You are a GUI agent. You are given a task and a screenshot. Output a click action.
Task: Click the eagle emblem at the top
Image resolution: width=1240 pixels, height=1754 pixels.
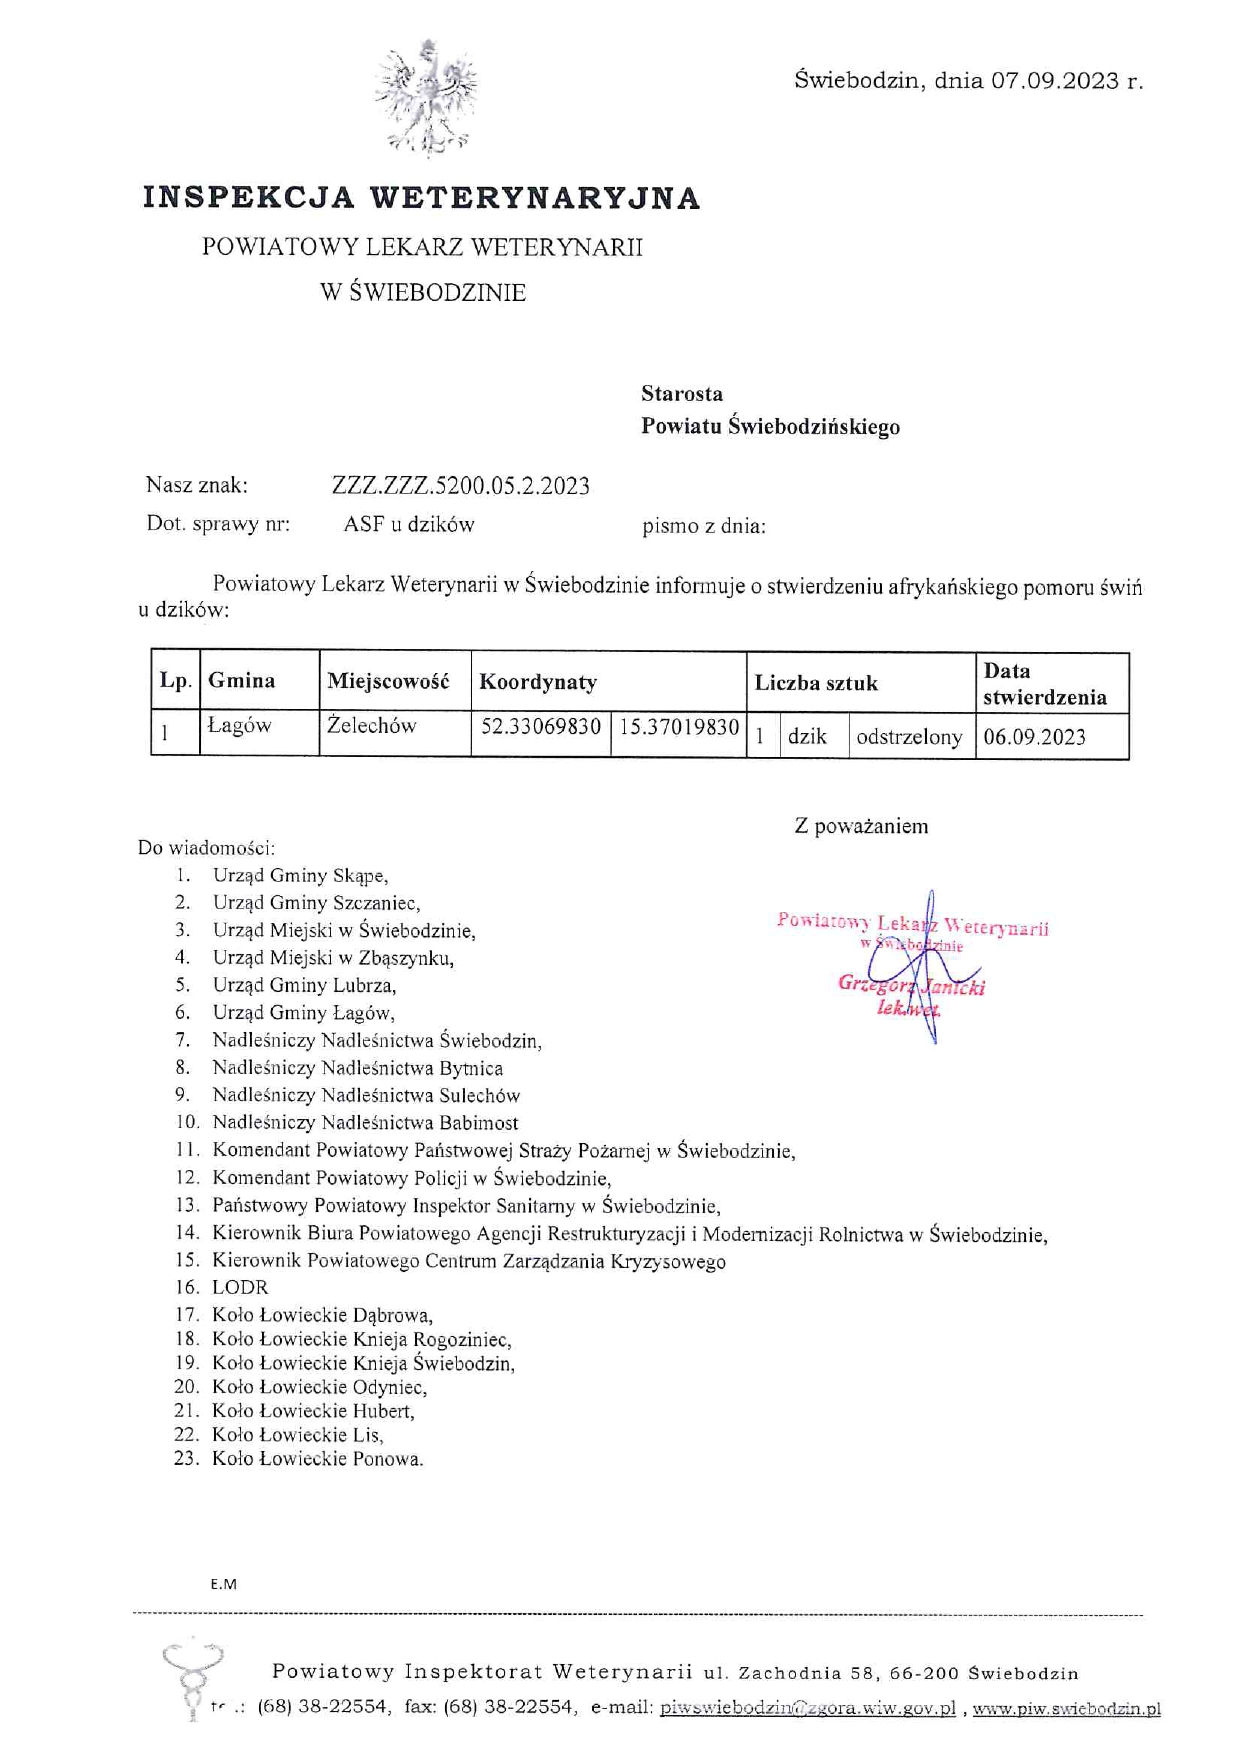[427, 98]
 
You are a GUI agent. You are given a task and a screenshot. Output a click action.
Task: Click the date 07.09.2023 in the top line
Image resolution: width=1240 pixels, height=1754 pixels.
[1055, 81]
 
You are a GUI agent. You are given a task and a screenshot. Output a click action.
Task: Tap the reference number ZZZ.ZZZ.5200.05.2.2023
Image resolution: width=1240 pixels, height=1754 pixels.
[460, 486]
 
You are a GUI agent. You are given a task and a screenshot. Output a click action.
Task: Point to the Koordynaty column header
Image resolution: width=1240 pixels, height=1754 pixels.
[538, 682]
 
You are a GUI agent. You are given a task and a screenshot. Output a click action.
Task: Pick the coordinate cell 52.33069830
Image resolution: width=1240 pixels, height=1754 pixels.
[541, 727]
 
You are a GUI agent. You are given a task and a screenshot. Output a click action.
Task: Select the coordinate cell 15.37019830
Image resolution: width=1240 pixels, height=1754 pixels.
[679, 727]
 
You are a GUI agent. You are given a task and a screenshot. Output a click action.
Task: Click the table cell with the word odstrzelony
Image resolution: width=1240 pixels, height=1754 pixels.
[909, 737]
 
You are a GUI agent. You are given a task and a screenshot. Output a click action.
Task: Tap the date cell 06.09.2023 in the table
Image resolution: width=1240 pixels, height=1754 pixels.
[1034, 737]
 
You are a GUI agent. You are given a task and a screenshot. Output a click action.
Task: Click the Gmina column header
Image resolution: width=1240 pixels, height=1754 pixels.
[242, 681]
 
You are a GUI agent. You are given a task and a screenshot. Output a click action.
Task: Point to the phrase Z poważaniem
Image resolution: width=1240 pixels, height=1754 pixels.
[861, 826]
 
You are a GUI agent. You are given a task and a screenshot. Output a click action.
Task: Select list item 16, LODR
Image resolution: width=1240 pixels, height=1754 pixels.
[240, 1287]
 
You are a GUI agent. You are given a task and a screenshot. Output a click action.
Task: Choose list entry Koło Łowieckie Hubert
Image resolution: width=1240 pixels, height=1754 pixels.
[313, 1411]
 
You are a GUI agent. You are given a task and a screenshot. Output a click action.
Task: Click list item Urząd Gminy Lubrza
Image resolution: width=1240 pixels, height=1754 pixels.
[304, 985]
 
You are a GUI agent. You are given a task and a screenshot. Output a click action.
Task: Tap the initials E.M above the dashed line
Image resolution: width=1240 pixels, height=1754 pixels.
[223, 1584]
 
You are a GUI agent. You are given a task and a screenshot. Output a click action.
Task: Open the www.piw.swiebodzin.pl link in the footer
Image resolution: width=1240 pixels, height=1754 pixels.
[1066, 1709]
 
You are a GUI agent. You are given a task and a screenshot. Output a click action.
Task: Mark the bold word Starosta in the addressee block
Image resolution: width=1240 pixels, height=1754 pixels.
[682, 394]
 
